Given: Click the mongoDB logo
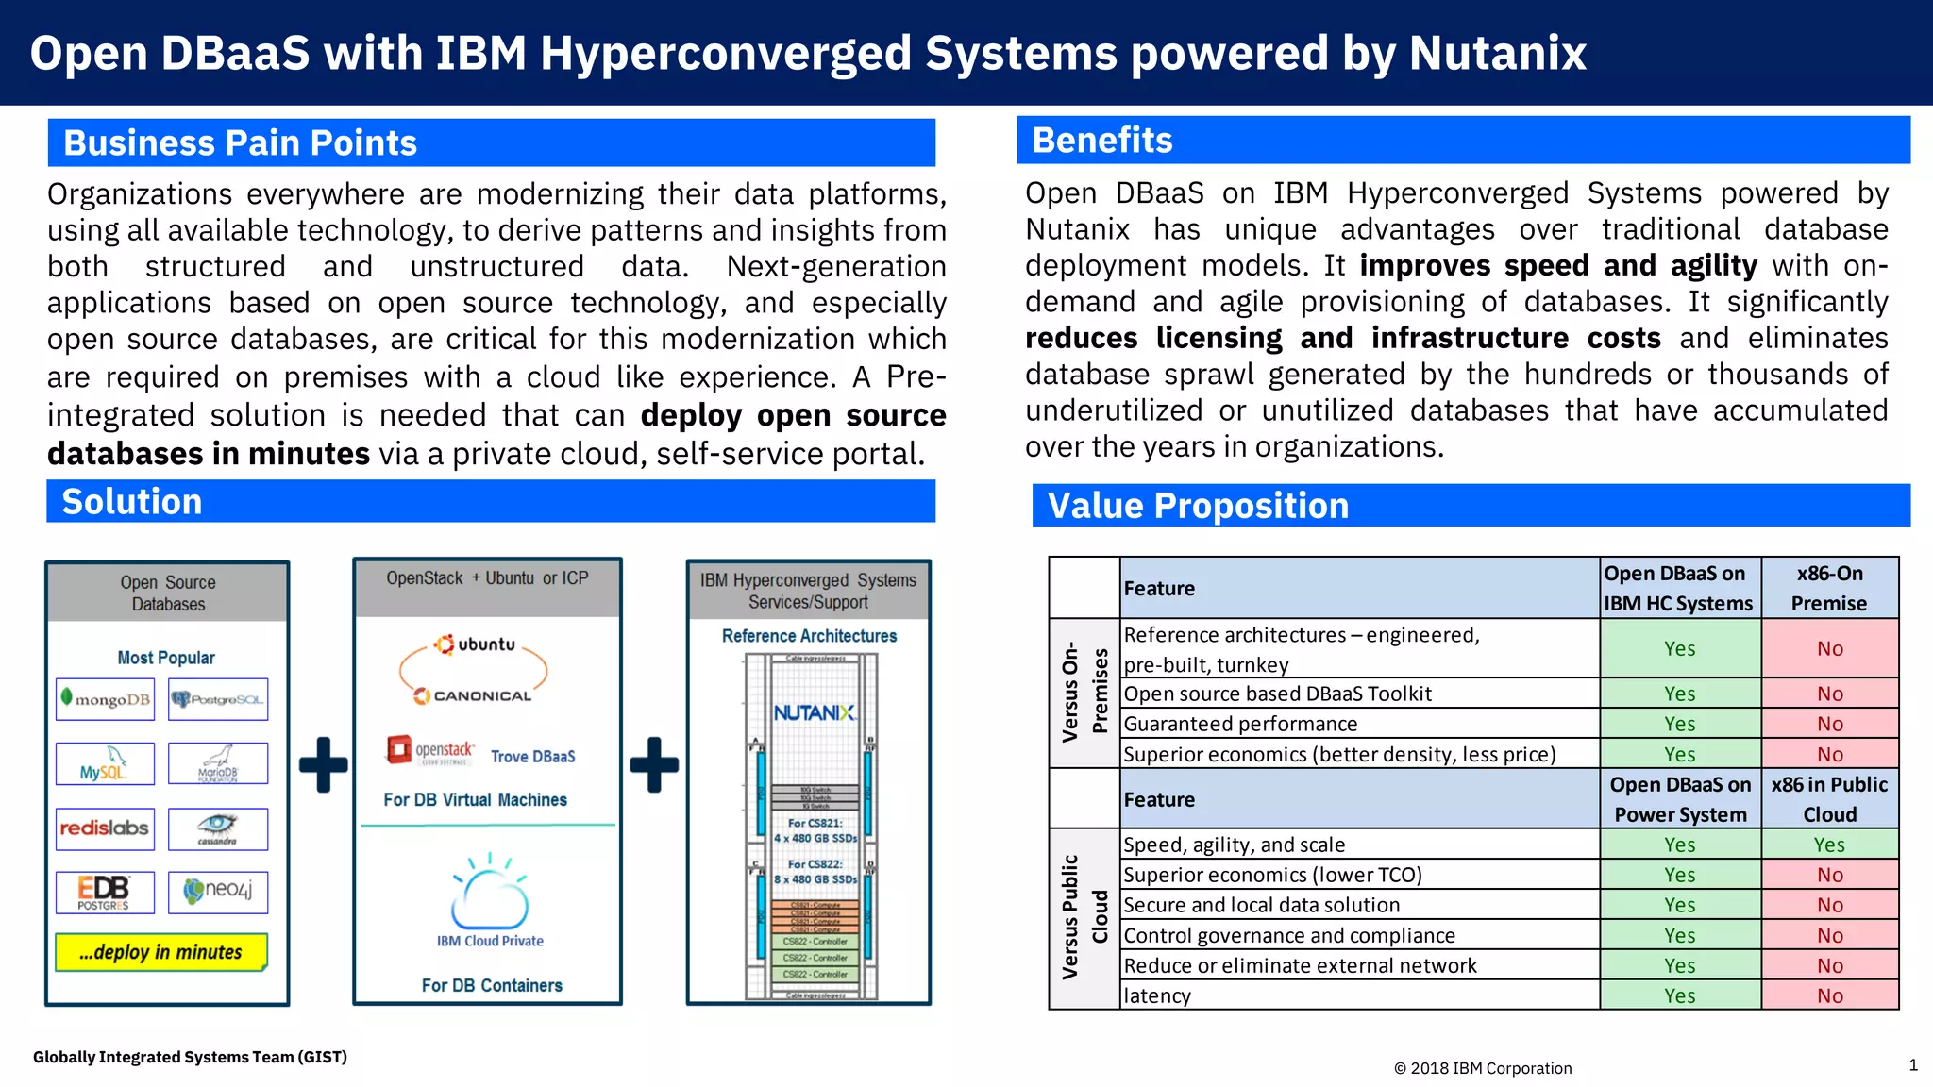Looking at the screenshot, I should (x=105, y=699).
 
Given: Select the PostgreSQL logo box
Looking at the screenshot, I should (x=218, y=699).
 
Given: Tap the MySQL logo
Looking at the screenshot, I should (x=105, y=764).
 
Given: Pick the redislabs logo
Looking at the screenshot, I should (x=105, y=828).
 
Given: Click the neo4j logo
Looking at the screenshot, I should (x=218, y=892).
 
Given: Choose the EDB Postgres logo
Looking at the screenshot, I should (x=105, y=892).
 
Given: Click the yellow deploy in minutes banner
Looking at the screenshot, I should (x=161, y=952).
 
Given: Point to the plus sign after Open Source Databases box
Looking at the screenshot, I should (x=323, y=763).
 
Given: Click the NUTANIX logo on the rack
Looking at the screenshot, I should (x=814, y=712).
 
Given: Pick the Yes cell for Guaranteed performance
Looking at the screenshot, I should (x=1679, y=724).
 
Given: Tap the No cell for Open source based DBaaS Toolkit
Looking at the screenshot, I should (x=1829, y=694).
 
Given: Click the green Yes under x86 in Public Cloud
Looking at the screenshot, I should (x=1829, y=845).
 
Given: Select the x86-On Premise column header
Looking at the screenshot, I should (x=1829, y=588).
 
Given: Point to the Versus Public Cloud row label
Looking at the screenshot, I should (x=1084, y=918).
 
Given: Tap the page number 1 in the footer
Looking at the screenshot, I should (x=1913, y=1065).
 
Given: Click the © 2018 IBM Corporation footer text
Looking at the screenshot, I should (x=1483, y=1068).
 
